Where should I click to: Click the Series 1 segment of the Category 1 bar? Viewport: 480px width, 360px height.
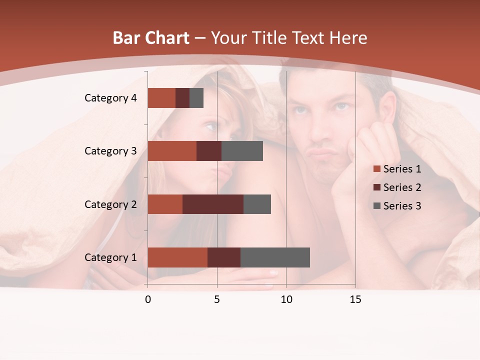pos(177,257)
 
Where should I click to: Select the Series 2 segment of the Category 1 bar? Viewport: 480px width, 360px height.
pos(224,257)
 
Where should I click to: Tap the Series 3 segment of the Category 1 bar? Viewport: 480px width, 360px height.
pos(275,257)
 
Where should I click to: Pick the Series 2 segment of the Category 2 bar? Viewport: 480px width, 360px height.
pos(213,204)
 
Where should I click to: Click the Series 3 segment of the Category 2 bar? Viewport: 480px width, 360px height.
pos(257,204)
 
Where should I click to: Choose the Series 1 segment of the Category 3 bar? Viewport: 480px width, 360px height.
pos(172,151)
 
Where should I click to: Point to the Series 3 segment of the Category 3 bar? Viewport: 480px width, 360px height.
pos(242,151)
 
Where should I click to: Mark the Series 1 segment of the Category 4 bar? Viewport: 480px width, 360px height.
pos(161,98)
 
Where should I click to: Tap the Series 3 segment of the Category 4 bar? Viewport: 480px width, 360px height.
pos(196,98)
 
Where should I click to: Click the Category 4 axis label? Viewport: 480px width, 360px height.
pos(110,98)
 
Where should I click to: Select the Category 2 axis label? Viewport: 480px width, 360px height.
pos(110,204)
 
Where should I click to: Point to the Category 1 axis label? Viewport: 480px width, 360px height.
pos(110,257)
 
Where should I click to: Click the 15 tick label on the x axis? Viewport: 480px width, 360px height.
pos(355,299)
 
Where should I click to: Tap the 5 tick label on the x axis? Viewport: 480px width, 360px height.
pos(217,299)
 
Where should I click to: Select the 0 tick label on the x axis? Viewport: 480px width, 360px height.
pos(148,299)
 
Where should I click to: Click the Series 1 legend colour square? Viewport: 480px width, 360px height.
pos(377,169)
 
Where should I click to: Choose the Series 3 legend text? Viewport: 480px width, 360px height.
pos(402,206)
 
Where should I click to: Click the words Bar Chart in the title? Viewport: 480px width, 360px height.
pos(151,38)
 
